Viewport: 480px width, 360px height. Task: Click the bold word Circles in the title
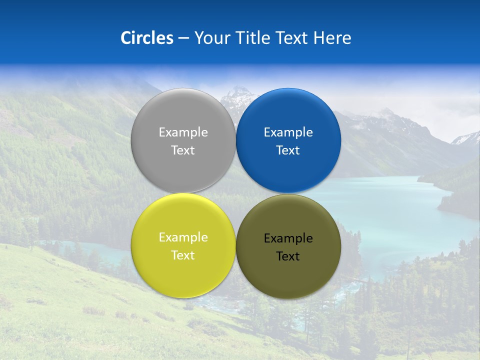[x=146, y=38]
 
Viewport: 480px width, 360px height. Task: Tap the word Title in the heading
[x=254, y=38]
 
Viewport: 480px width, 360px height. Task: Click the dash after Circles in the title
[x=183, y=38]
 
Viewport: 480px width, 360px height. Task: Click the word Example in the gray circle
[x=183, y=132]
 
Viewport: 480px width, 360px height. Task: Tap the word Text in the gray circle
[x=183, y=150]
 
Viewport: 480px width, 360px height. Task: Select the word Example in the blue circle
[x=288, y=132]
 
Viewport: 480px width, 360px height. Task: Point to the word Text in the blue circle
[x=288, y=150]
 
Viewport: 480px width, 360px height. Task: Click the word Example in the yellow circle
[x=183, y=237]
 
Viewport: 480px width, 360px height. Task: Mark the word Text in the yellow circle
[x=183, y=255]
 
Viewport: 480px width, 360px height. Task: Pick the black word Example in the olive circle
[x=288, y=238]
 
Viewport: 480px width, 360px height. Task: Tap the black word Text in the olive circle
[x=288, y=256]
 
